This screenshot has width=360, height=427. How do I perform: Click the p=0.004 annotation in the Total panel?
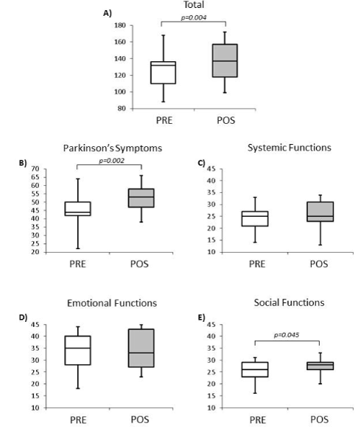click(x=194, y=18)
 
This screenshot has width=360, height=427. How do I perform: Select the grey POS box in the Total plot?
click(x=225, y=60)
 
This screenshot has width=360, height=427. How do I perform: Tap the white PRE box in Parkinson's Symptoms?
click(x=78, y=209)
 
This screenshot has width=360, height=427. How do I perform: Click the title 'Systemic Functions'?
click(x=289, y=148)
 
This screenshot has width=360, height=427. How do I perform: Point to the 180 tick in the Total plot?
click(x=120, y=25)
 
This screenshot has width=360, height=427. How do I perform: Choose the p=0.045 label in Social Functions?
click(x=287, y=335)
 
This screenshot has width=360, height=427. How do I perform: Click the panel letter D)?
click(x=23, y=318)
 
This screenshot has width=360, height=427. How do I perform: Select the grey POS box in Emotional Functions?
click(x=141, y=348)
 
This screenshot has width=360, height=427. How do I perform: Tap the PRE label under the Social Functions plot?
click(x=257, y=419)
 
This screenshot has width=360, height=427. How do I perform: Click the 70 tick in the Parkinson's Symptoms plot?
click(x=36, y=168)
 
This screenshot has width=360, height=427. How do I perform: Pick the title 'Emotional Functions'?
click(x=112, y=303)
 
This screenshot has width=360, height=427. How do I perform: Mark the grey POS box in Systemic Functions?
click(x=320, y=212)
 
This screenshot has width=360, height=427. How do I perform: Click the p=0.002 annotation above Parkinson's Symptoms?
click(x=112, y=161)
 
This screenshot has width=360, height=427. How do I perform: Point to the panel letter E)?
click(x=202, y=318)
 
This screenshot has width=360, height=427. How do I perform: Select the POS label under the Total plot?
click(x=226, y=120)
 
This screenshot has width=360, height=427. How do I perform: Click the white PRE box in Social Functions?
click(x=255, y=369)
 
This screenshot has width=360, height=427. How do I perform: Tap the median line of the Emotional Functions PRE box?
click(x=78, y=348)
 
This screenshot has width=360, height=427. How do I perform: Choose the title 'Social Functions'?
click(x=289, y=302)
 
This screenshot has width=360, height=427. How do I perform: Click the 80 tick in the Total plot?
click(x=122, y=109)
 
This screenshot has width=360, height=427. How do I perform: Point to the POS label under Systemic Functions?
click(x=319, y=264)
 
